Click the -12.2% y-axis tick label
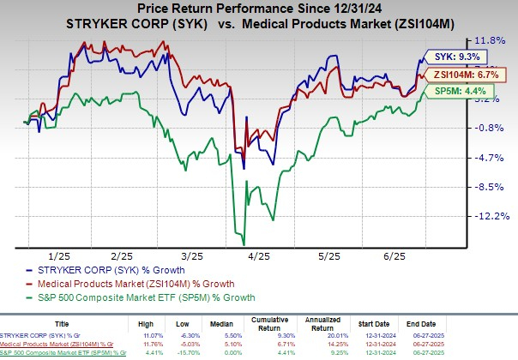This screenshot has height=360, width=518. pos(487,216)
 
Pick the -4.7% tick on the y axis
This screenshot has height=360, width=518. pos(485,158)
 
